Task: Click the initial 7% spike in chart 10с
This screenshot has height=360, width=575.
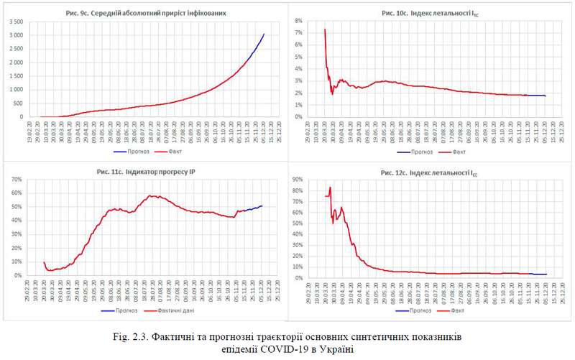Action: click(325, 30)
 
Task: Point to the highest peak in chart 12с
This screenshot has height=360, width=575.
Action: click(330, 188)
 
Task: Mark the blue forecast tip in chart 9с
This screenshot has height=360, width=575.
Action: click(264, 34)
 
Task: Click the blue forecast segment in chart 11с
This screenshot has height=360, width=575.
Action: click(253, 208)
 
